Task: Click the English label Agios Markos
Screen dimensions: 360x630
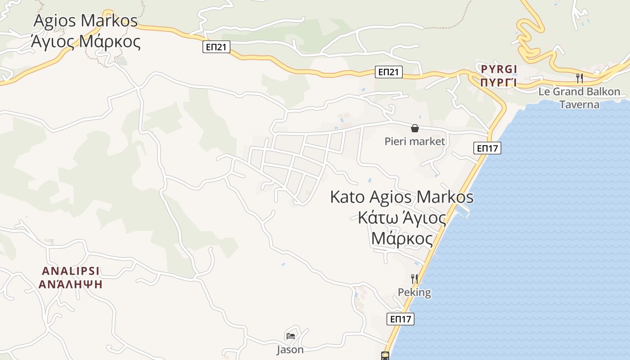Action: click(85, 21)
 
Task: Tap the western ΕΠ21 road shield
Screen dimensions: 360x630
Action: click(216, 47)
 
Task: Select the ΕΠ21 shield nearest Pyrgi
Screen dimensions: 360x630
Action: click(389, 72)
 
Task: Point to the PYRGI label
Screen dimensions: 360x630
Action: click(499, 69)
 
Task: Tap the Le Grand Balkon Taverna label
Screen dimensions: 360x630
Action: click(579, 98)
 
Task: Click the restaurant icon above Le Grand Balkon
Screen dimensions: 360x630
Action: click(580, 78)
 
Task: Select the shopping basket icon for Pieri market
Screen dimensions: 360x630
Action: click(414, 129)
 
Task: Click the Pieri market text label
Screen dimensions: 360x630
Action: click(414, 141)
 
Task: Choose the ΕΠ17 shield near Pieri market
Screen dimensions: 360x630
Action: click(487, 148)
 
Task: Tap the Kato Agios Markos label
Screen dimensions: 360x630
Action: click(401, 197)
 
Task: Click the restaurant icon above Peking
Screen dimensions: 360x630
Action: click(414, 279)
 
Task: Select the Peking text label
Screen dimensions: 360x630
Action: click(414, 292)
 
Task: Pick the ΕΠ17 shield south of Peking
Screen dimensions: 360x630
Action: click(400, 319)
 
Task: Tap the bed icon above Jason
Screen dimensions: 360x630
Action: click(290, 336)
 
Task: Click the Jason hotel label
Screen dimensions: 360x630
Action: click(290, 349)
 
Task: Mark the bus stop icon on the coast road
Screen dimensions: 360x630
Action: click(385, 355)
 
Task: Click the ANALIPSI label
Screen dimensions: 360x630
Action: click(71, 271)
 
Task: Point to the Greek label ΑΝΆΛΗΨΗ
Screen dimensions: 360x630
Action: click(71, 284)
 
